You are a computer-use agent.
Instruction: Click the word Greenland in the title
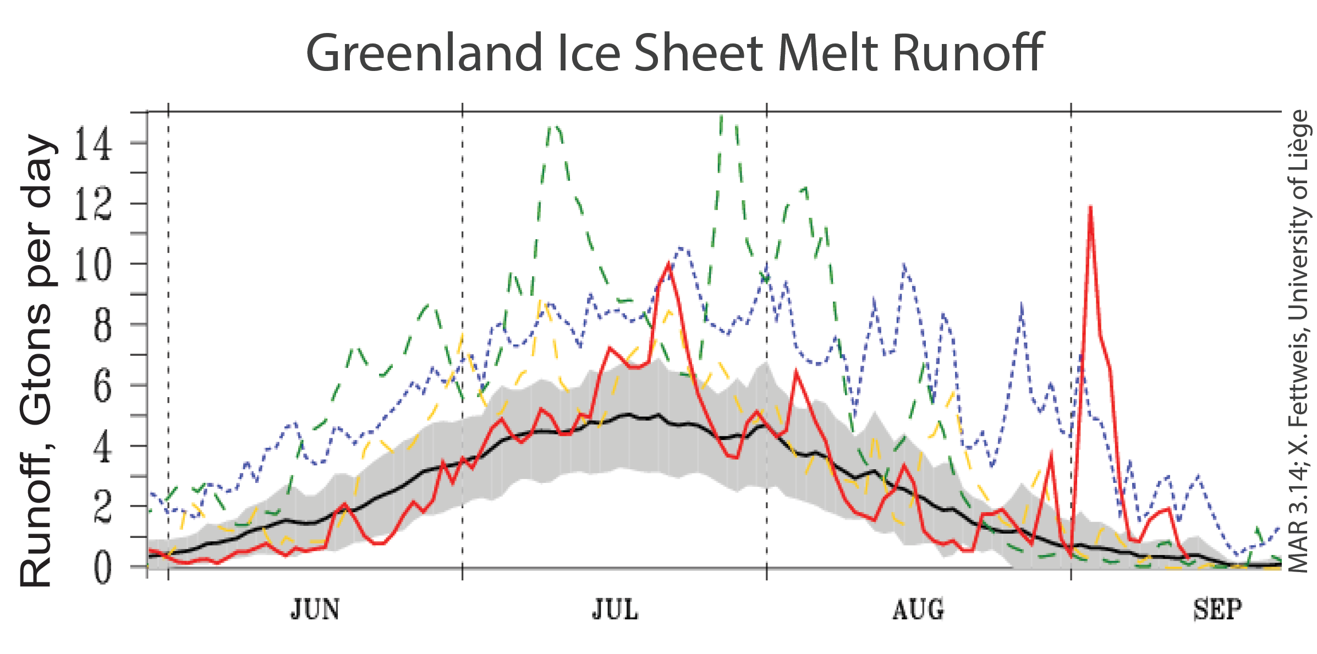click(x=424, y=53)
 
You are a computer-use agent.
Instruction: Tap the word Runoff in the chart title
click(x=968, y=53)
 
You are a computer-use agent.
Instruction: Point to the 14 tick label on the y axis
click(x=93, y=144)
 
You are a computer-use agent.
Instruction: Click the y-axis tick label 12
click(x=93, y=204)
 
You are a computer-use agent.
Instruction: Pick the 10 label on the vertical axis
click(x=93, y=265)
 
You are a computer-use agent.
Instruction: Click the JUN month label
click(x=315, y=610)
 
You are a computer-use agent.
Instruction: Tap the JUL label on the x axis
click(x=615, y=610)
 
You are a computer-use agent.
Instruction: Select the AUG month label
click(x=918, y=610)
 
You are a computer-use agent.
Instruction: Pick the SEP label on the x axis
click(x=1217, y=610)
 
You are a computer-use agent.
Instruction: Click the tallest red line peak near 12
click(x=1090, y=208)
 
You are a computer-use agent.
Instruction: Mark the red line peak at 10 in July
click(x=668, y=265)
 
